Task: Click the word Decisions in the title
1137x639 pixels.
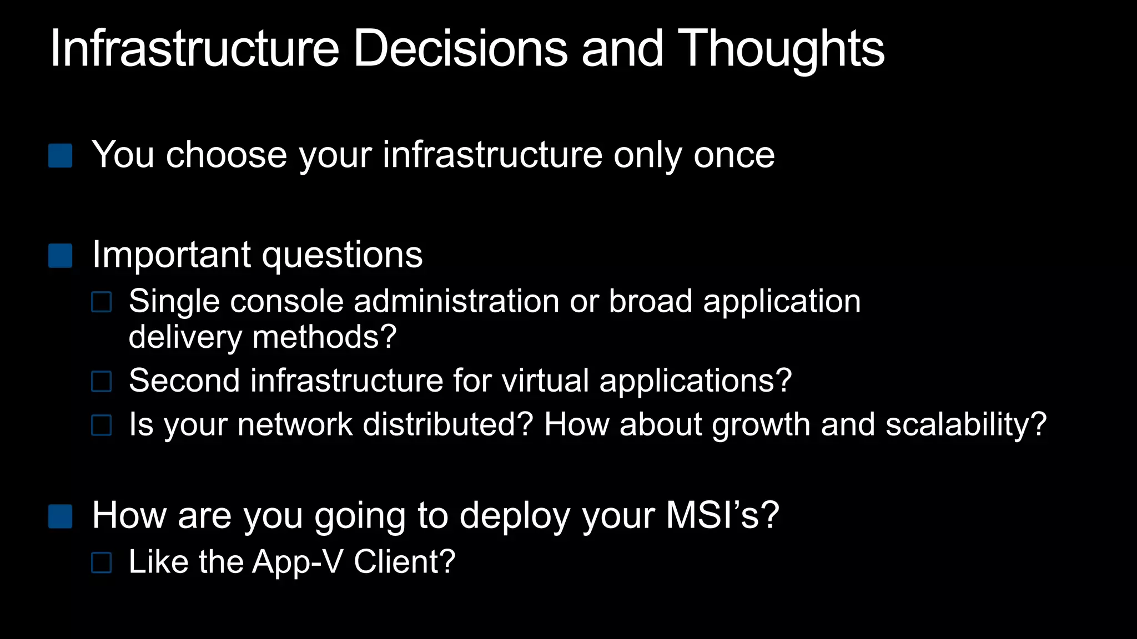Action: click(460, 49)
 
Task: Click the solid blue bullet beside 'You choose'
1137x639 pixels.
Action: click(60, 156)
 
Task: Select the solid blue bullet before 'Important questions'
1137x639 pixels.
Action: click(60, 256)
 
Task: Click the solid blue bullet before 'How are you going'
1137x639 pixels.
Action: click(60, 516)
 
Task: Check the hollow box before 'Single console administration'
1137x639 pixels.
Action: click(102, 302)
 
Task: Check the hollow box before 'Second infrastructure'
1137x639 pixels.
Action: click(102, 382)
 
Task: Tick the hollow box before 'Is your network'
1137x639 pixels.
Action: click(102, 425)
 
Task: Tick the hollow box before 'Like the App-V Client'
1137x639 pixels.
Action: click(102, 562)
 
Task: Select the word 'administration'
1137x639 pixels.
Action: click(456, 302)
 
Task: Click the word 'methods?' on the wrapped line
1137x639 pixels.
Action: click(324, 337)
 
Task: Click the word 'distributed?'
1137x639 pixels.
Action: click(447, 425)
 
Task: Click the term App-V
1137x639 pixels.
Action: click(298, 562)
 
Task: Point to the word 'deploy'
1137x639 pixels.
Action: click(515, 516)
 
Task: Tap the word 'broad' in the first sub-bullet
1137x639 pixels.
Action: click(650, 302)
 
